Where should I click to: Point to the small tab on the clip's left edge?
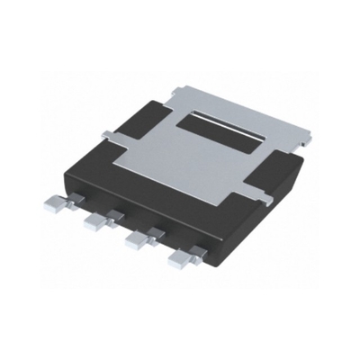click(107, 136)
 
